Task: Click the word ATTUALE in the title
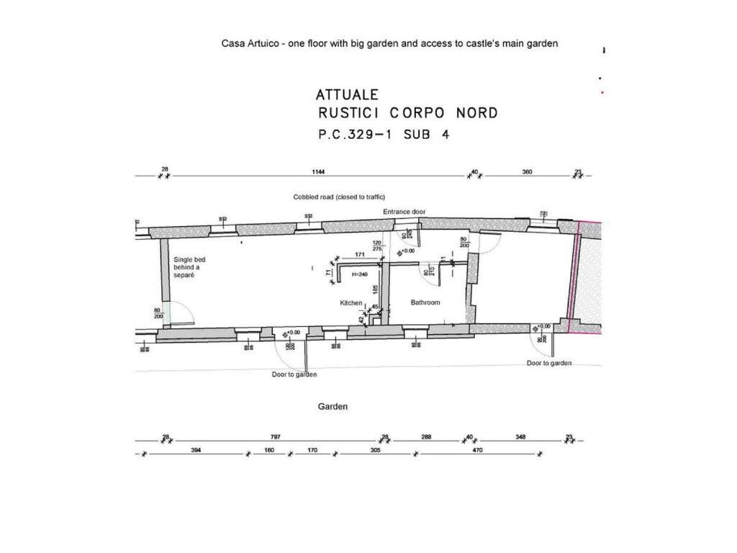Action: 347,94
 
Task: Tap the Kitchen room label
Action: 351,303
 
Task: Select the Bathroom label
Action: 425,302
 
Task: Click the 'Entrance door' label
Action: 404,212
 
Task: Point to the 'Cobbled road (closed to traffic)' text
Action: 339,197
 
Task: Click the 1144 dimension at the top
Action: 318,172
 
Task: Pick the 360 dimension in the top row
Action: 527,172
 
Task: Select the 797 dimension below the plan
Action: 275,437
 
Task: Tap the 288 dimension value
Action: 426,437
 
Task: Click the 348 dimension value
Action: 520,437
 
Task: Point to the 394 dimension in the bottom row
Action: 195,450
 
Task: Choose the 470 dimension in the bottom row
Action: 477,450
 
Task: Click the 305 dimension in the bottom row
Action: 375,450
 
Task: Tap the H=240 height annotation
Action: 360,274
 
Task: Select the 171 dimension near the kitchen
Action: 360,254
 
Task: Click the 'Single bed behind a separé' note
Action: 189,267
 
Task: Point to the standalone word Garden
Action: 333,407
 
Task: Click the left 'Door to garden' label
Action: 294,374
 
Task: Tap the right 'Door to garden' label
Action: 549,364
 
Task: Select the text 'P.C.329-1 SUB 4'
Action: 384,134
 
